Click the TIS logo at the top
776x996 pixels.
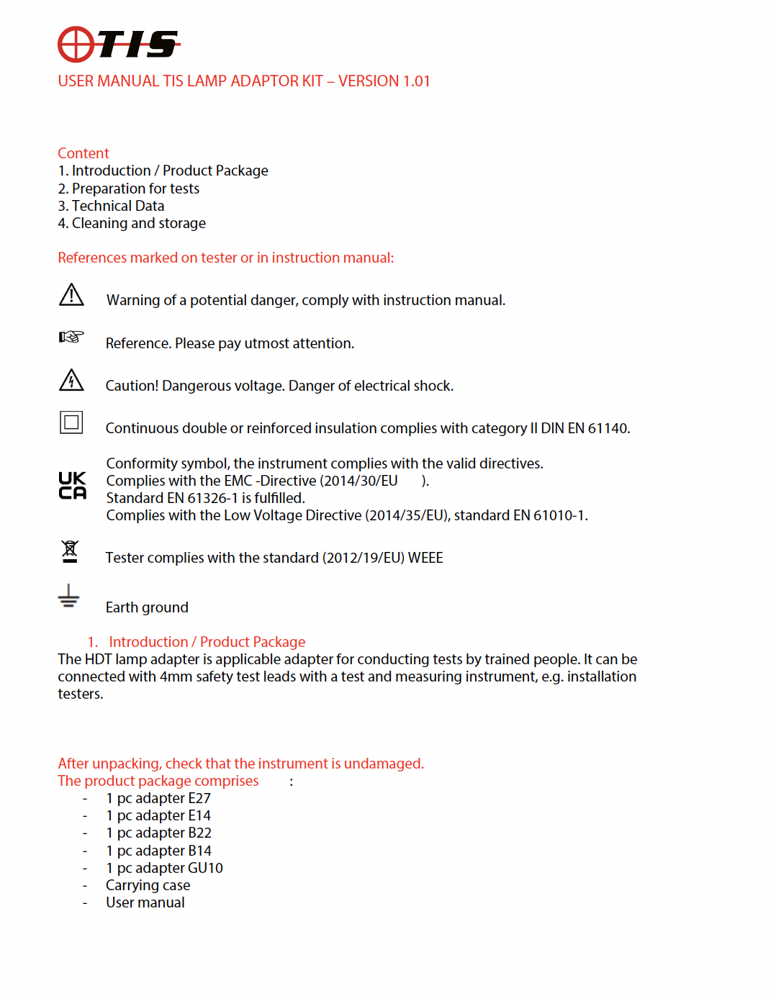tap(119, 45)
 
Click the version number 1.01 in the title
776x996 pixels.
tap(415, 81)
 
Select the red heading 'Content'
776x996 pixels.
tap(84, 153)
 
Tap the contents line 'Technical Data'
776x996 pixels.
tap(117, 206)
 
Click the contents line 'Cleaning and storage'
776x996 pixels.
tap(138, 223)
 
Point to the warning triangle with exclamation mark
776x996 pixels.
tap(71, 295)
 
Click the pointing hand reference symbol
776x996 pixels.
tap(71, 337)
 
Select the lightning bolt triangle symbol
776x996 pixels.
tap(71, 380)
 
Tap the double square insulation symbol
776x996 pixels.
tap(71, 422)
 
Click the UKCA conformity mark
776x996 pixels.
tap(72, 486)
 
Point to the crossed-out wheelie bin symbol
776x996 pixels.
tap(70, 551)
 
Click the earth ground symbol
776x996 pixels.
tap(68, 597)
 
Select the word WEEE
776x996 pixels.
tap(425, 558)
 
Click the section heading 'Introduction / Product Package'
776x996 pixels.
tap(207, 642)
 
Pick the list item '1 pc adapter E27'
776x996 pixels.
tap(158, 798)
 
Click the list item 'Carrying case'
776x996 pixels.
tap(148, 885)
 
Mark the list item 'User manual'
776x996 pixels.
tap(145, 902)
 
